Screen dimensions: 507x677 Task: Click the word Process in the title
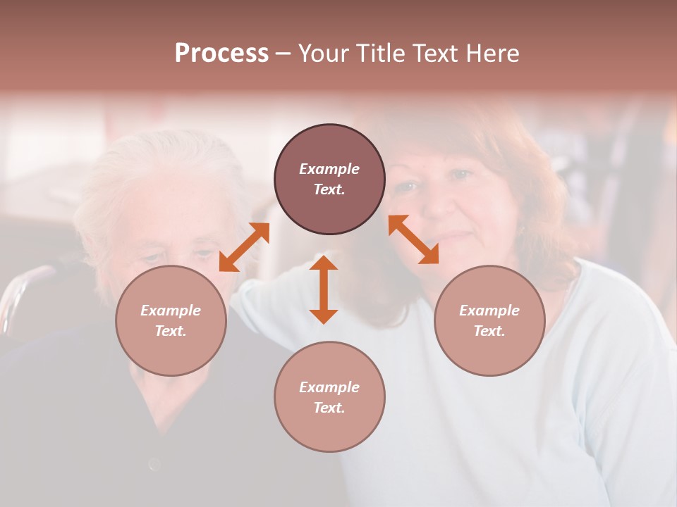[x=221, y=54]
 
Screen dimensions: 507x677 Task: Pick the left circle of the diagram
[x=171, y=320]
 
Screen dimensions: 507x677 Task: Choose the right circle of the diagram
[x=489, y=320]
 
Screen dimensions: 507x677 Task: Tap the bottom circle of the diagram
[x=329, y=396]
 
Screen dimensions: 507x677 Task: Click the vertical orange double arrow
[x=324, y=289]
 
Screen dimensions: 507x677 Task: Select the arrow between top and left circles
[x=244, y=246]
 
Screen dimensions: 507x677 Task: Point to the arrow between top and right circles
[x=414, y=239]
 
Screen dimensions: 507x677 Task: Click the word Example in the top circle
[x=329, y=169]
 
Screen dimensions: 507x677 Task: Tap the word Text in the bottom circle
[x=329, y=408]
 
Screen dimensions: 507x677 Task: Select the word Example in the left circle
[x=171, y=311]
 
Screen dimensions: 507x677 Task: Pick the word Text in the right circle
[x=489, y=331]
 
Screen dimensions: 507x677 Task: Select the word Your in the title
[x=322, y=54]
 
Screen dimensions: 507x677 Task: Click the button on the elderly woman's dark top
[x=154, y=464]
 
